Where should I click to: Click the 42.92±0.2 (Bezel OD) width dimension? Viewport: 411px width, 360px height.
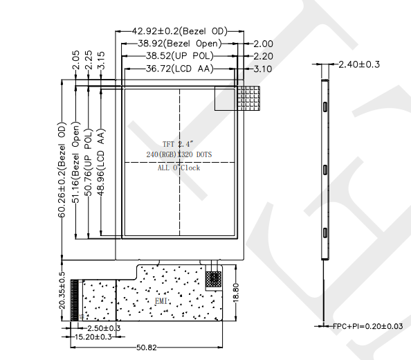(179, 31)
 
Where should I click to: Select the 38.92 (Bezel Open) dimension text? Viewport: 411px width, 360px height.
(180, 43)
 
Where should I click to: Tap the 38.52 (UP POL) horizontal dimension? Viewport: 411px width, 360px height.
(180, 56)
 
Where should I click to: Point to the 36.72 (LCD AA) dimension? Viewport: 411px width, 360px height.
(180, 69)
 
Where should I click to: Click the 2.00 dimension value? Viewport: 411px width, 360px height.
(263, 44)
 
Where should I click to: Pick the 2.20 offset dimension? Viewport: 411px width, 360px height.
(263, 56)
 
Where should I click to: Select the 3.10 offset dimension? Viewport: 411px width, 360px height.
(263, 69)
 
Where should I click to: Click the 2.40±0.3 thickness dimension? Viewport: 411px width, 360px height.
(359, 64)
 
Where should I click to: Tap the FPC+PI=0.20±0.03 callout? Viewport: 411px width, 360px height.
(367, 326)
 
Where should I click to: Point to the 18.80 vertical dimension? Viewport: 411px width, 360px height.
(236, 292)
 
